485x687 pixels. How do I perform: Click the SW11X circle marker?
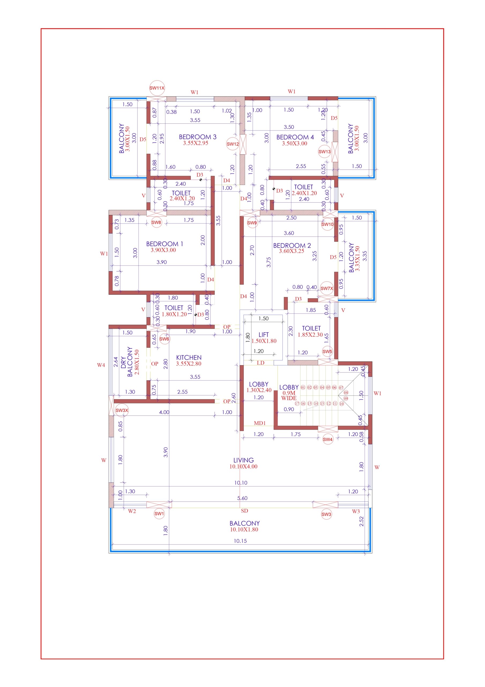(x=157, y=88)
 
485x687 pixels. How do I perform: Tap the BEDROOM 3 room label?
(x=197, y=137)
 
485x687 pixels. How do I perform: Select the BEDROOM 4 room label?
(x=295, y=137)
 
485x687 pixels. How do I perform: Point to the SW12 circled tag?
(x=233, y=144)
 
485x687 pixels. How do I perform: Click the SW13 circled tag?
(x=324, y=151)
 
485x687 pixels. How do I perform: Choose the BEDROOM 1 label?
(x=164, y=244)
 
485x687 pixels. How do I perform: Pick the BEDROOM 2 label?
(x=292, y=245)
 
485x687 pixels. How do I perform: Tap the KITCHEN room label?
(x=189, y=357)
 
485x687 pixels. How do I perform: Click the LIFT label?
(x=264, y=335)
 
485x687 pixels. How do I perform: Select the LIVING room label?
(x=244, y=460)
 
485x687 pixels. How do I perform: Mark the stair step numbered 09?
(x=346, y=398)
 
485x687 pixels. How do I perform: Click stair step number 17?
(x=297, y=403)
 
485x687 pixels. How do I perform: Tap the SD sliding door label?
(x=244, y=511)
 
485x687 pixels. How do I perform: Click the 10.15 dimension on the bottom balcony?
(x=240, y=541)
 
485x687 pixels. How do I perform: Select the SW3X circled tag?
(x=122, y=410)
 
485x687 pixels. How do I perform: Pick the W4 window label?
(x=101, y=365)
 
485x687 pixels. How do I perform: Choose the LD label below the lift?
(x=260, y=363)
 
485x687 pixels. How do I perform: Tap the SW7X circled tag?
(x=327, y=288)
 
